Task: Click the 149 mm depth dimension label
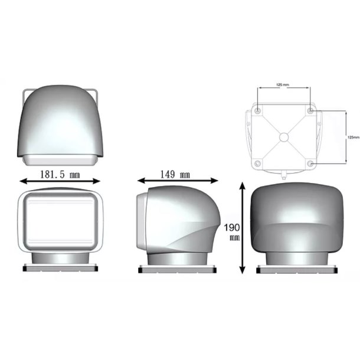[176, 174]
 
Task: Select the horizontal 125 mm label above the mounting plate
[283, 85]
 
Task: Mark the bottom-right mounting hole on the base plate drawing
[310, 163]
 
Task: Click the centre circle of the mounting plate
[284, 137]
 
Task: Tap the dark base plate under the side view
[175, 269]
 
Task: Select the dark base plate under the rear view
[296, 269]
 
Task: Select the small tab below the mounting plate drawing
[284, 175]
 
